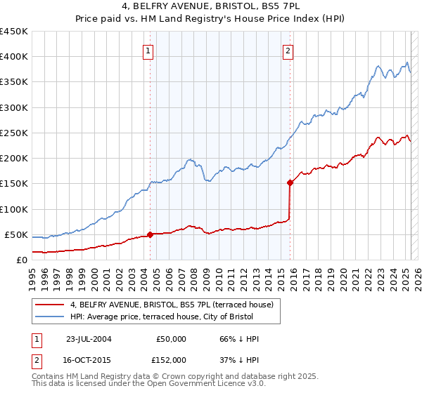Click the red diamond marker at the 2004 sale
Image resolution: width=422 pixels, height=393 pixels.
coord(150,234)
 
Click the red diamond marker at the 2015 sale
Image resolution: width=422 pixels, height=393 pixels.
coord(290,182)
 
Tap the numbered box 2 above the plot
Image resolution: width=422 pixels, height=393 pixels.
coord(289,50)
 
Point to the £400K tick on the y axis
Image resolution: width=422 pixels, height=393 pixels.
coord(14,57)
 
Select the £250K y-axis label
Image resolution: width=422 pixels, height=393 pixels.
coord(14,133)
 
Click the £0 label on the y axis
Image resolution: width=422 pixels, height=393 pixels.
coord(21,260)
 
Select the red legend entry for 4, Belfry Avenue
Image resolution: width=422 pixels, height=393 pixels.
coord(176,305)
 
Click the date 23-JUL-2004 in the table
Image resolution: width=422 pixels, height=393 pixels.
coord(89,338)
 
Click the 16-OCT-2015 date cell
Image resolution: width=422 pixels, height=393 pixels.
coord(89,360)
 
